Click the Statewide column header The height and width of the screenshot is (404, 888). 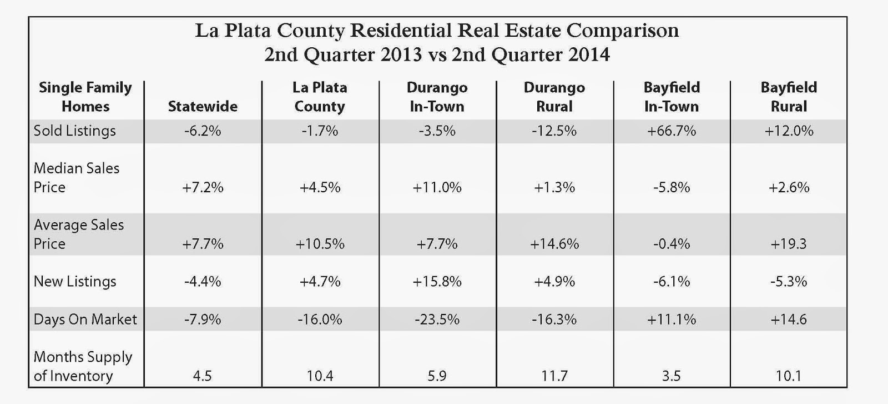pyautogui.click(x=203, y=106)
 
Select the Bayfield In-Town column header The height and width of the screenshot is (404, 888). pyautogui.click(x=672, y=97)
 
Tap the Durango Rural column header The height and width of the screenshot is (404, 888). pyautogui.click(x=554, y=97)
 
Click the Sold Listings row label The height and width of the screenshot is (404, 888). pyautogui.click(x=75, y=131)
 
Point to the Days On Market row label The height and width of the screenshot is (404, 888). pyautogui.click(x=85, y=319)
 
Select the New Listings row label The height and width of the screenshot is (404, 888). pyautogui.click(x=75, y=281)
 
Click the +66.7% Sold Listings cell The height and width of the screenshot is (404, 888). pyautogui.click(x=672, y=131)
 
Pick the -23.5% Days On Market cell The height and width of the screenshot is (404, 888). pyautogui.click(x=437, y=319)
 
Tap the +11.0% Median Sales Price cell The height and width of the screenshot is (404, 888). pyautogui.click(x=437, y=187)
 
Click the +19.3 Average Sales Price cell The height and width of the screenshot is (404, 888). pyautogui.click(x=789, y=243)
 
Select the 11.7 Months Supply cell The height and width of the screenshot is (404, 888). pyautogui.click(x=554, y=376)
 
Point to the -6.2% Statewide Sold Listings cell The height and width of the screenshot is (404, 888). pyautogui.click(x=203, y=131)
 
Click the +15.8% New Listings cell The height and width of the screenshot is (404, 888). pyautogui.click(x=437, y=281)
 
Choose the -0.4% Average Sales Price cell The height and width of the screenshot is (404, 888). pyautogui.click(x=672, y=243)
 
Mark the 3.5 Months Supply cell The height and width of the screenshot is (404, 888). pyautogui.click(x=672, y=376)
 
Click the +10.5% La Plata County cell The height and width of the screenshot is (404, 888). pyautogui.click(x=320, y=243)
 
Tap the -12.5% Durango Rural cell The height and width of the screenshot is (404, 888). pyautogui.click(x=554, y=131)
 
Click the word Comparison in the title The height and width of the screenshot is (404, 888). pyautogui.click(x=622, y=31)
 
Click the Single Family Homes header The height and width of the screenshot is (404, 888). pyautogui.click(x=85, y=97)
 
